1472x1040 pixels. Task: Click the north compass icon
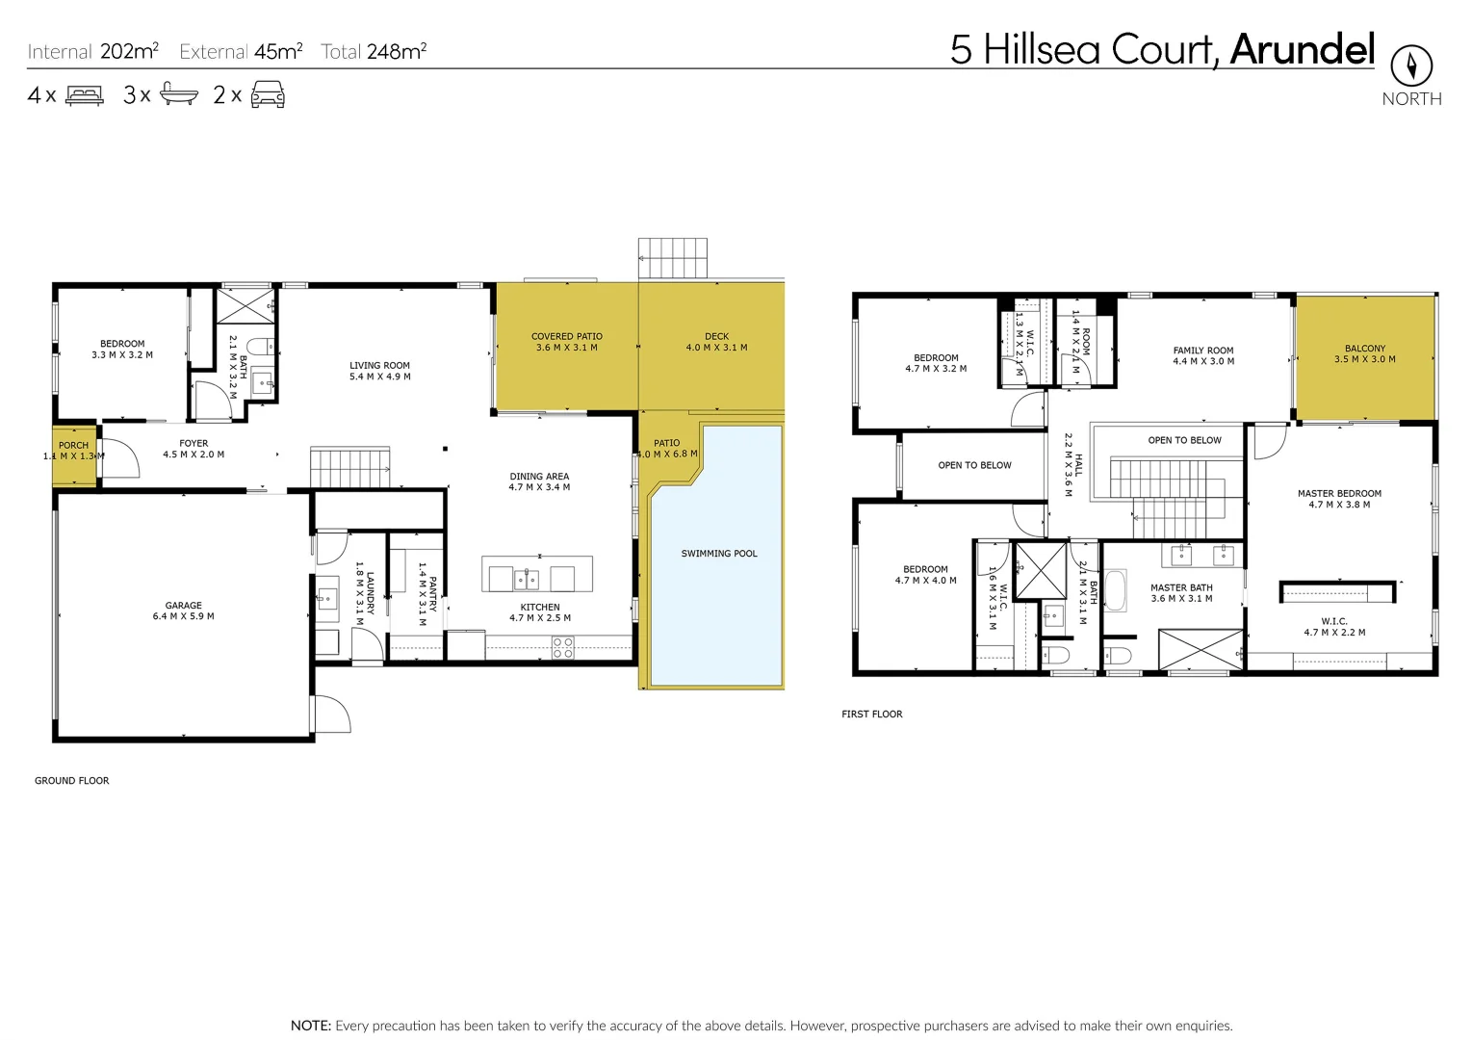[x=1411, y=65]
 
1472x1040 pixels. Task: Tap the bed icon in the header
[x=85, y=95]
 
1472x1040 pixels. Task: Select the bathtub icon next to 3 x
[x=179, y=94]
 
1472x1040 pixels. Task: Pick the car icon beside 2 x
[x=268, y=94]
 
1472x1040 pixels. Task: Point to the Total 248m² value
[x=374, y=52]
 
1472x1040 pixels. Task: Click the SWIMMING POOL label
[x=718, y=554]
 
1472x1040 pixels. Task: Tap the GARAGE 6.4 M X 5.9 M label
[x=183, y=611]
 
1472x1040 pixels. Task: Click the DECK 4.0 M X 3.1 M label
[x=716, y=342]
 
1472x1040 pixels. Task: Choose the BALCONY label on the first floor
[x=1364, y=353]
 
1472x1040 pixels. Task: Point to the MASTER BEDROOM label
[x=1338, y=499]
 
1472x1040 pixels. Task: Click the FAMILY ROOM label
[x=1202, y=355]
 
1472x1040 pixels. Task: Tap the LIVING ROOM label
[x=379, y=371]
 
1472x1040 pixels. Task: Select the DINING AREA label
[x=539, y=481]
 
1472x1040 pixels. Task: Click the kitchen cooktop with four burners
[x=563, y=648]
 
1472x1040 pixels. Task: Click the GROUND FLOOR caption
[x=72, y=781]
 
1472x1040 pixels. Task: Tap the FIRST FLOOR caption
[x=871, y=715]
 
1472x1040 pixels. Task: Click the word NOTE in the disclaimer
[x=310, y=1026]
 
